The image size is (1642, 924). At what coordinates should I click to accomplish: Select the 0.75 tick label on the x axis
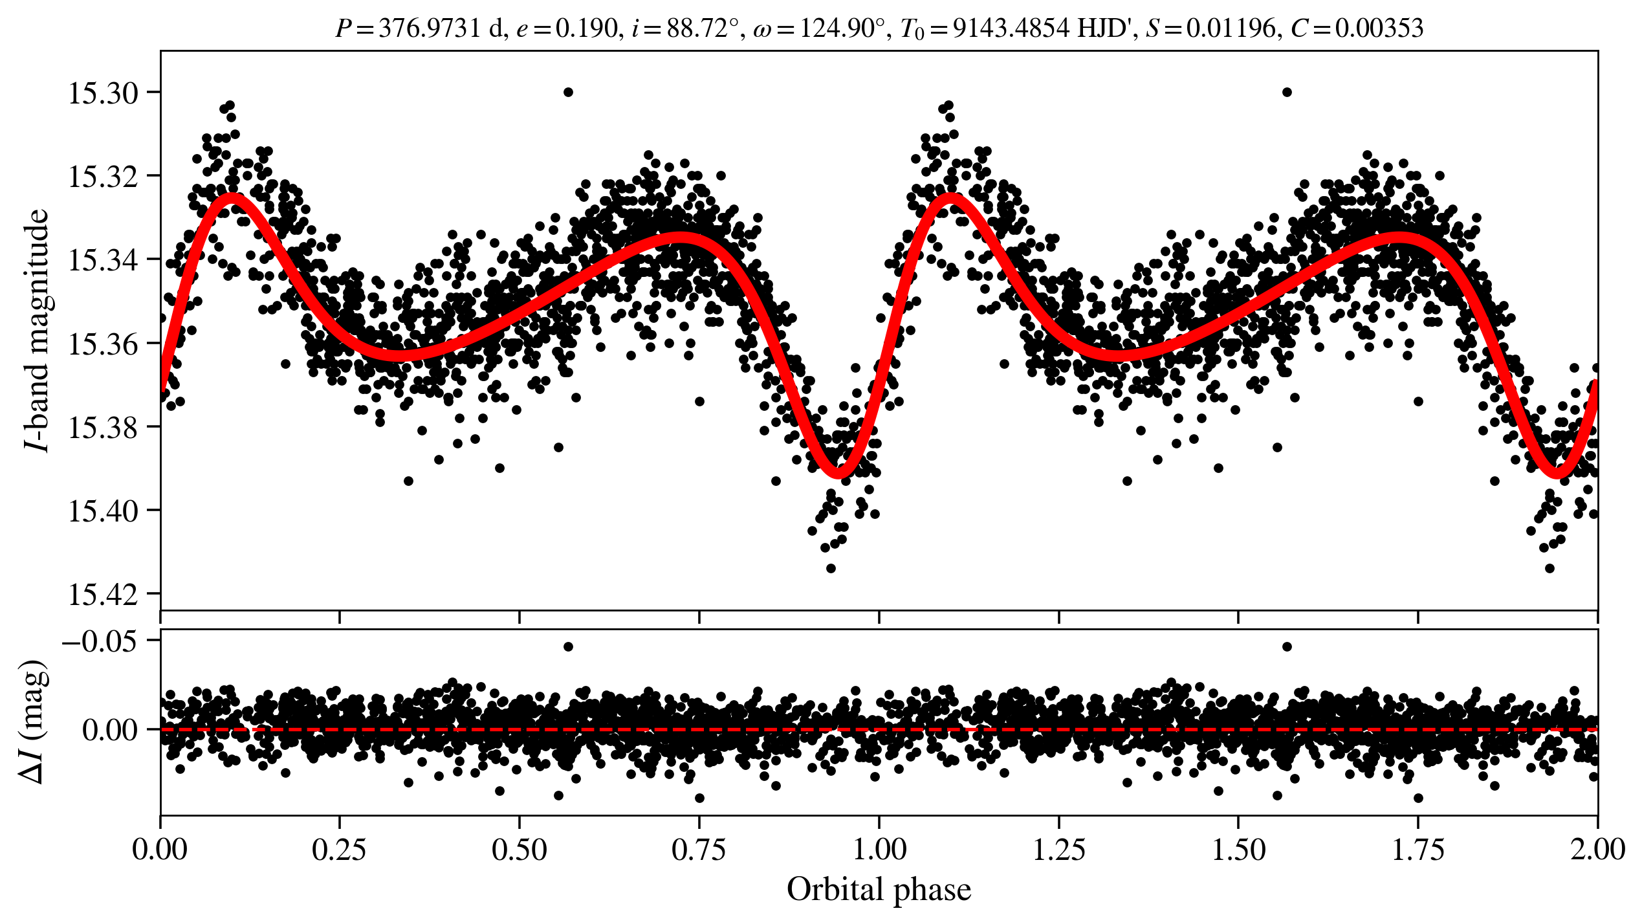point(699,850)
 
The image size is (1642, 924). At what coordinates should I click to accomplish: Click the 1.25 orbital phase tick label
point(1058,850)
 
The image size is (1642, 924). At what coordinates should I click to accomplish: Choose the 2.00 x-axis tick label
point(1597,850)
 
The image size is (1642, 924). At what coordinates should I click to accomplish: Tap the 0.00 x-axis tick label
point(160,850)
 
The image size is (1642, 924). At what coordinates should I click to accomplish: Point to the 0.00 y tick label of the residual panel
point(110,731)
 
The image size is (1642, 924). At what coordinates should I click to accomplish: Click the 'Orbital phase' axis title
point(879,890)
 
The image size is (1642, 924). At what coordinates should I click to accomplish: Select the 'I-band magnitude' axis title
point(37,330)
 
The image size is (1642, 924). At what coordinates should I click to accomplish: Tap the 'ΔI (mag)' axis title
point(34,721)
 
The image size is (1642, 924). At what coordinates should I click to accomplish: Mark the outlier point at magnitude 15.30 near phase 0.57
point(568,92)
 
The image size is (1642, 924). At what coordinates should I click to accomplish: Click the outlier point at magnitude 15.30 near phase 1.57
point(1287,92)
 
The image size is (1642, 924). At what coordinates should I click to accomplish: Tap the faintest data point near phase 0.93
point(831,568)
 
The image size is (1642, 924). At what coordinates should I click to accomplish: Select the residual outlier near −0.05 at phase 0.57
point(568,646)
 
